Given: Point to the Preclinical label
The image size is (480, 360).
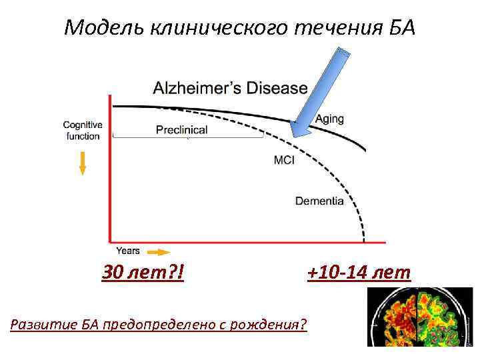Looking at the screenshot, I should pyautogui.click(x=181, y=130).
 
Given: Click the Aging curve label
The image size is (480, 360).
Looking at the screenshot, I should pyautogui.click(x=329, y=119).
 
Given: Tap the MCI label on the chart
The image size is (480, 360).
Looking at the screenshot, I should pyautogui.click(x=285, y=160).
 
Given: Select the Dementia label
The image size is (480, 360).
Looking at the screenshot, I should pyautogui.click(x=319, y=201).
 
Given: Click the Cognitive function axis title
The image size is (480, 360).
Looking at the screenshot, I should pyautogui.click(x=83, y=131).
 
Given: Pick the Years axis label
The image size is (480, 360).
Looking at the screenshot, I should pyautogui.click(x=128, y=251).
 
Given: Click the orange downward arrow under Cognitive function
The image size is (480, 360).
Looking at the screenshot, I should pyautogui.click(x=83, y=163).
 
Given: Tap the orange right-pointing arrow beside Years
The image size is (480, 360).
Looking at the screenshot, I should pyautogui.click(x=158, y=252).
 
